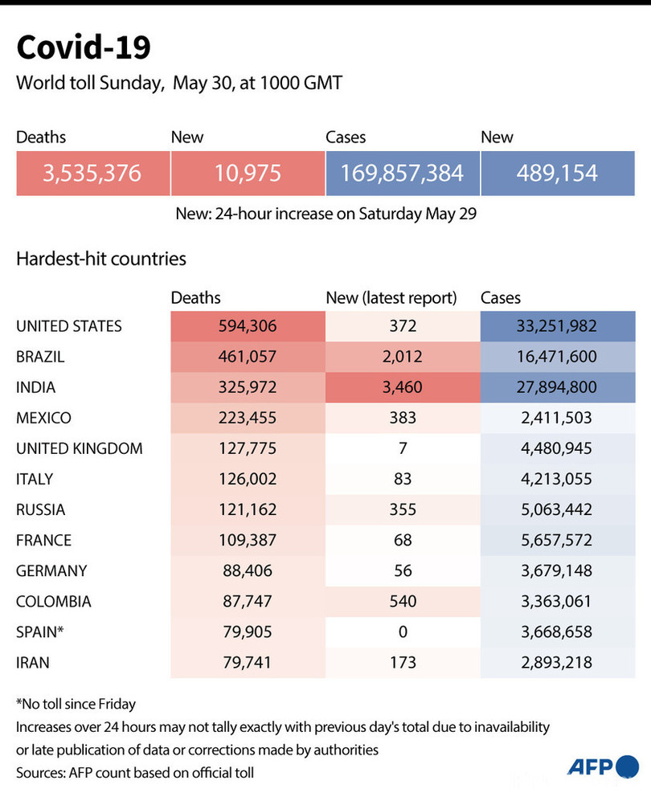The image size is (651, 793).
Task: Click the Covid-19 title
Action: pos(84,47)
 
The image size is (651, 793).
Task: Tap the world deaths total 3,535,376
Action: pos(93,172)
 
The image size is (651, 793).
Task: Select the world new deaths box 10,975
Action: pos(248,172)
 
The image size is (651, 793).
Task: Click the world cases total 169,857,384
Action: pos(403,172)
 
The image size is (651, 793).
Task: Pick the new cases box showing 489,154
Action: pos(558,172)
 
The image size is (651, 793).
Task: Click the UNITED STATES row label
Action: pos(69,326)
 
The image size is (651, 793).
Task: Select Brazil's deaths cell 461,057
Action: pos(248,357)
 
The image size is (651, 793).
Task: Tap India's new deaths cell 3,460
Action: pos(403,387)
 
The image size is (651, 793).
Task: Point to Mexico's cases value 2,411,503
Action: pos(558,418)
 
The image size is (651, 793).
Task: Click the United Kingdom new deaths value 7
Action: pos(403,448)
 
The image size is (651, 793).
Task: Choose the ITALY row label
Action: pos(35,479)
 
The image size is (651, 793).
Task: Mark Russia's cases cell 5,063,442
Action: pos(558,509)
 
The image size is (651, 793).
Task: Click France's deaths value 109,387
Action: pos(248,540)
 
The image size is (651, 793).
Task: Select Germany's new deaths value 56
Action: pos(403,570)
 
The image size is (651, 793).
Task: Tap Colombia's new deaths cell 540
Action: pos(403,601)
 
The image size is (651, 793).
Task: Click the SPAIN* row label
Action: pos(39,632)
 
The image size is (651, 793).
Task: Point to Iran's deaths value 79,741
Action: pos(248,662)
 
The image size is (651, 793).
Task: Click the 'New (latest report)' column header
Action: pos(391,298)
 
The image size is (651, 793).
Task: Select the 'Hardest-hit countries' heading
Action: pos(101,259)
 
